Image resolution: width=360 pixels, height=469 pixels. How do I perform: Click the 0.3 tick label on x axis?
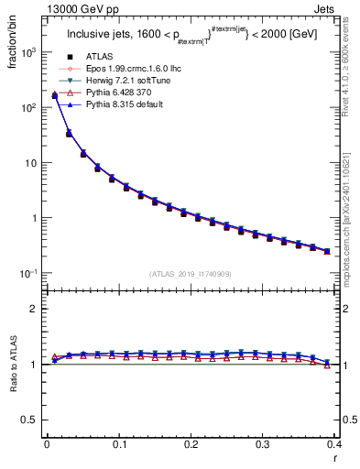263,446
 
